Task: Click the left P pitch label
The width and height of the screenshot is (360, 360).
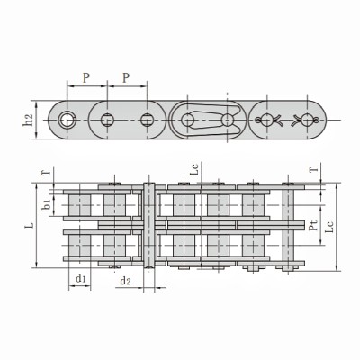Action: coord(85,78)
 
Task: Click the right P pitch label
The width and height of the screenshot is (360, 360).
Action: coord(127,78)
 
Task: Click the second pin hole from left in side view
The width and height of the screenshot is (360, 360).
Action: coord(107,121)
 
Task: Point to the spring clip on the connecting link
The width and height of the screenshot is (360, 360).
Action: coord(205,121)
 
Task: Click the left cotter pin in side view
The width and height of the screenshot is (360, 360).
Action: coord(267,121)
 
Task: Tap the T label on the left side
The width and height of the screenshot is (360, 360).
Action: coord(46,172)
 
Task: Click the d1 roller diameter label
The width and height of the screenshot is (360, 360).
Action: coord(80,279)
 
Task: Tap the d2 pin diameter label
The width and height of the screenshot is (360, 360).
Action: coord(126,282)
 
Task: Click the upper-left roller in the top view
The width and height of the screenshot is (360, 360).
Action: coord(80,205)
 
